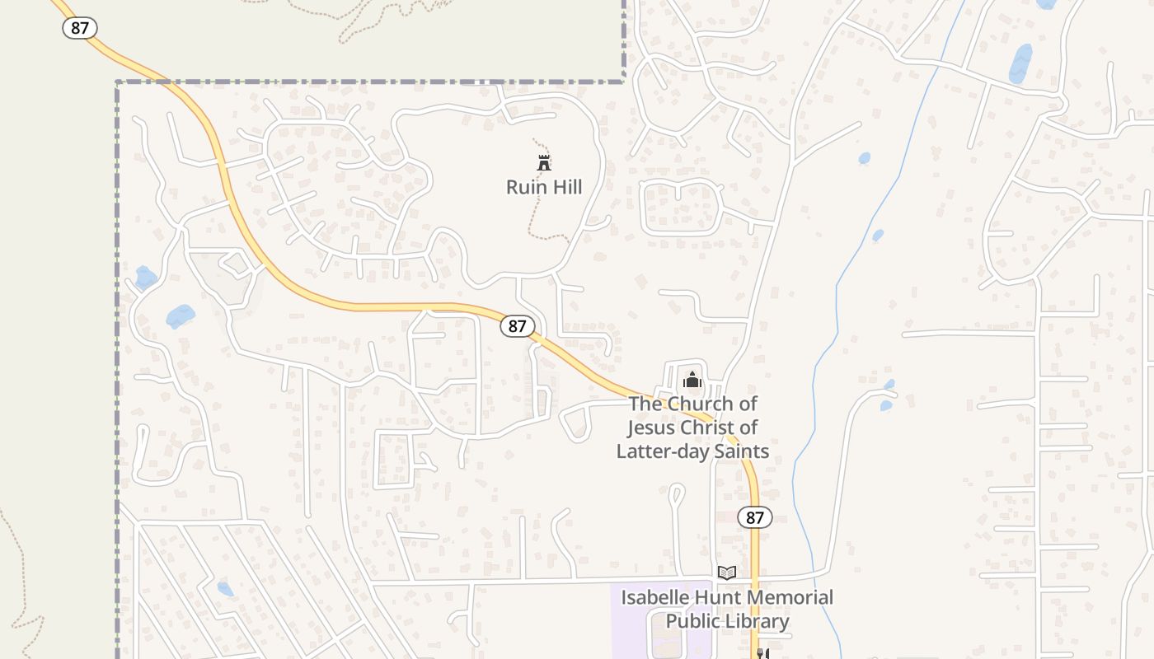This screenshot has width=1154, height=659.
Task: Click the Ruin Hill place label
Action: click(x=544, y=187)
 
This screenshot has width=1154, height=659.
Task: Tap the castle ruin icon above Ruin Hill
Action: click(x=544, y=162)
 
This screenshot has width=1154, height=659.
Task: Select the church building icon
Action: click(x=692, y=380)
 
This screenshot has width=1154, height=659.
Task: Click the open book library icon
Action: click(x=726, y=573)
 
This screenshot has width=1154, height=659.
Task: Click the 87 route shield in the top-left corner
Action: click(x=80, y=28)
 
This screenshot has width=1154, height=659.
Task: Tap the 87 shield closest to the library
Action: click(x=754, y=517)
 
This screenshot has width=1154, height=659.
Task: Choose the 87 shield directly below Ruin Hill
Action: click(x=517, y=326)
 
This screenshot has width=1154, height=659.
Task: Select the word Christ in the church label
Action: click(x=705, y=428)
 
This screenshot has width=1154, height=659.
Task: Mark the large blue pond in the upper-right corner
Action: click(x=1020, y=64)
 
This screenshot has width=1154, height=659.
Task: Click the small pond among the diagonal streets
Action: click(x=224, y=589)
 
